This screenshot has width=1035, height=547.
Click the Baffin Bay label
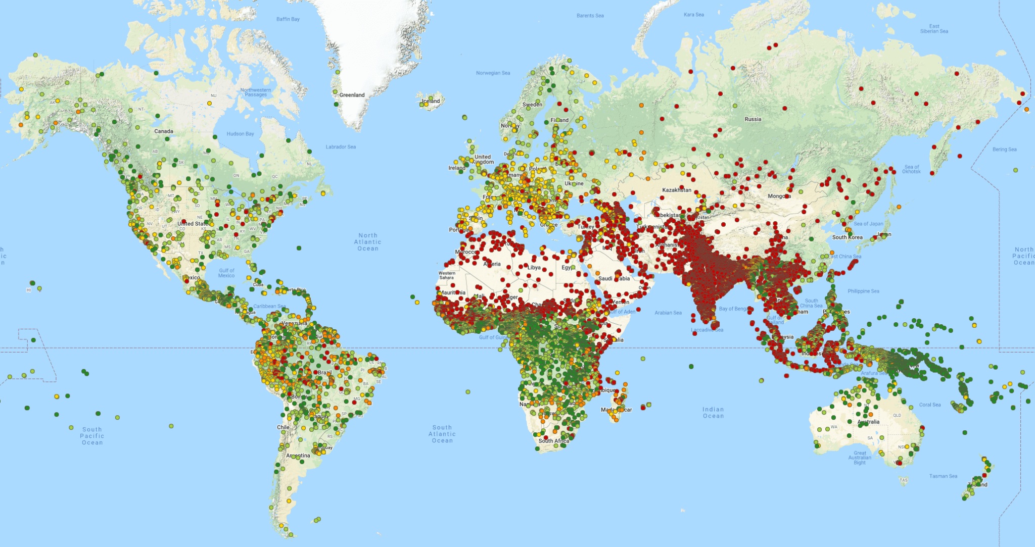[x=288, y=19]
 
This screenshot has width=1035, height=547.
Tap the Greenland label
[x=352, y=95]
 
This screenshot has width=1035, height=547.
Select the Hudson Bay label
[x=240, y=134]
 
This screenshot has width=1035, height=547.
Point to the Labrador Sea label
[x=341, y=147]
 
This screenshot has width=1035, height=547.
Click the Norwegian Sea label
[x=493, y=73]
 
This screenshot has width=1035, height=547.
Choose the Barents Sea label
[x=590, y=16]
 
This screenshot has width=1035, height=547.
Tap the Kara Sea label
[x=693, y=15]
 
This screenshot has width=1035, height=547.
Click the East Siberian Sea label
[x=934, y=29]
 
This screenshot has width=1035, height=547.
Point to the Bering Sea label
[x=1004, y=150]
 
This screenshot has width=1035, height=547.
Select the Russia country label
[x=752, y=119]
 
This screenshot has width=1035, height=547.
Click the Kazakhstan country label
[x=677, y=190]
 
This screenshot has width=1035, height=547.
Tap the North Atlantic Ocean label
[x=368, y=242]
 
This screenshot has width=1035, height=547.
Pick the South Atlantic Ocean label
[x=442, y=434]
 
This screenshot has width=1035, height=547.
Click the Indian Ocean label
[x=713, y=413]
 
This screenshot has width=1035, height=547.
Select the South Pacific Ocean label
[x=92, y=436]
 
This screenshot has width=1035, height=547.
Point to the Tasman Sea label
[x=943, y=476]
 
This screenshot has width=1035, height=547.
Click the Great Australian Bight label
[x=860, y=458]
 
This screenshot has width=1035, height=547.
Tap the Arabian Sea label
[x=668, y=313]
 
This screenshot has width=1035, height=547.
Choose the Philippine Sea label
[x=863, y=291]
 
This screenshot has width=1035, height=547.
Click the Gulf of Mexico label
[x=226, y=273]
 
